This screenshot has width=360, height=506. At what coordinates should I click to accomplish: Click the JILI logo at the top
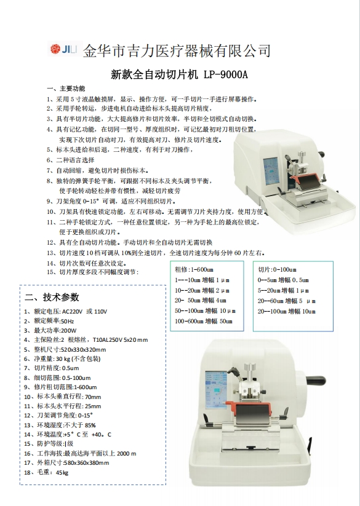tap(63, 49)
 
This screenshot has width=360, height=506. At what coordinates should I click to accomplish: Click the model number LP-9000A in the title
tap(226, 74)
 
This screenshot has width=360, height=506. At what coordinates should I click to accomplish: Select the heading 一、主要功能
tap(66, 89)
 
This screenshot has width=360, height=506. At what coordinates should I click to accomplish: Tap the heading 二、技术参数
tap(52, 297)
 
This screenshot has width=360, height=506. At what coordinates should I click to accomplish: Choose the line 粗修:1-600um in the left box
tap(194, 270)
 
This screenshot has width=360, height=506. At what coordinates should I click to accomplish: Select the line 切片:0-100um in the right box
tap(277, 270)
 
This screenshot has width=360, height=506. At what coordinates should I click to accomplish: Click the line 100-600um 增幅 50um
tap(204, 322)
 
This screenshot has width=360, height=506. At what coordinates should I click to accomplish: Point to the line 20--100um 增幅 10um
tap(287, 312)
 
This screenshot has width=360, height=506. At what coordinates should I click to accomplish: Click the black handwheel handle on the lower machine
tap(316, 380)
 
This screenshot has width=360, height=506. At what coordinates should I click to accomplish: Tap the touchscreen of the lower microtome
tap(216, 390)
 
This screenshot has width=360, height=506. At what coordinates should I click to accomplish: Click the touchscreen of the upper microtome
tap(271, 171)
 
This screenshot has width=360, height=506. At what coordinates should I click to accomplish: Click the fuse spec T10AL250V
tap(110, 340)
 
